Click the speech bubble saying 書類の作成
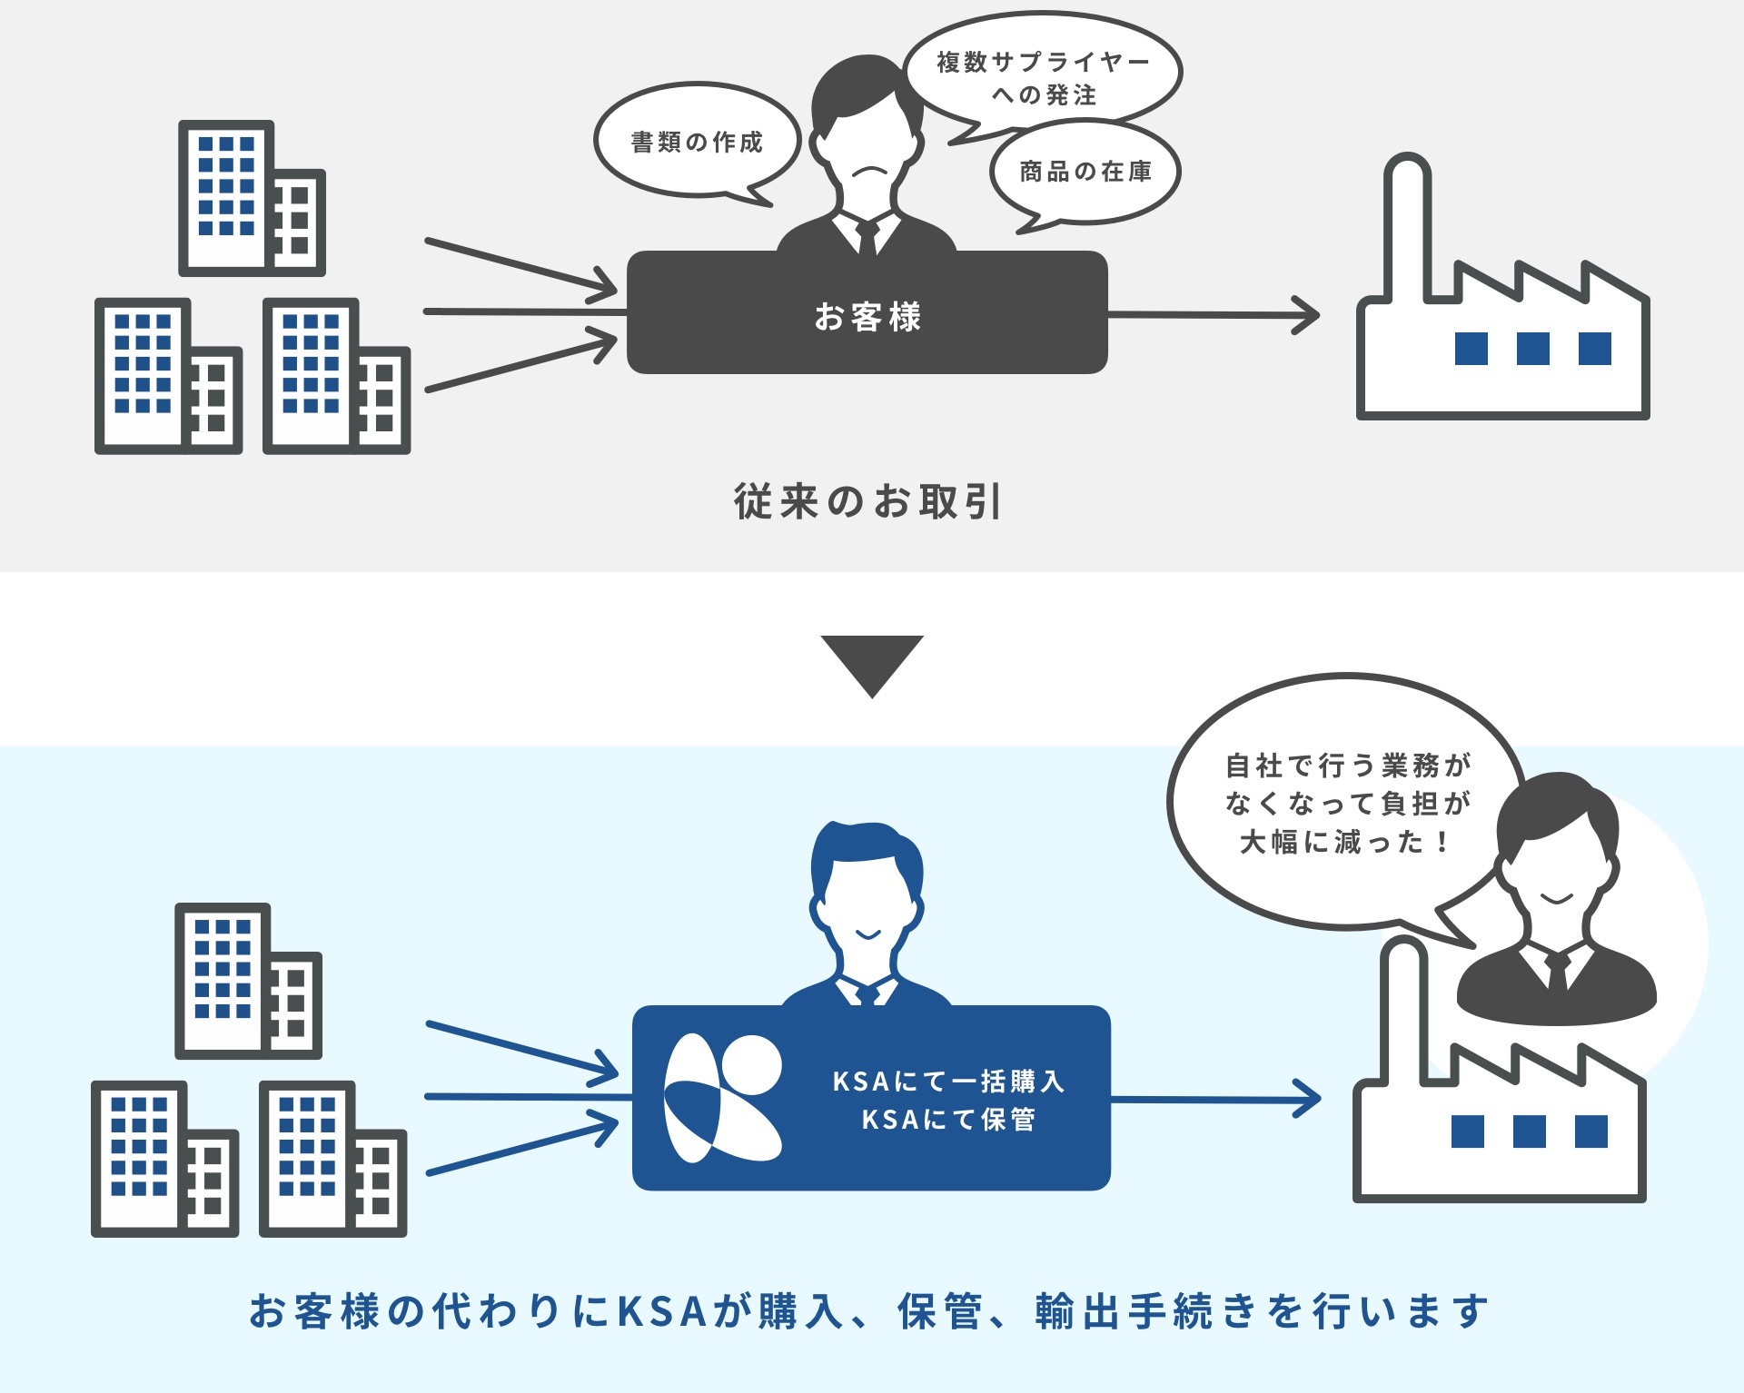[x=697, y=142]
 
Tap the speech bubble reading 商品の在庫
[x=1085, y=172]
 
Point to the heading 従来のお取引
[x=867, y=501]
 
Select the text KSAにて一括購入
[x=948, y=1081]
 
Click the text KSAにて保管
[x=948, y=1120]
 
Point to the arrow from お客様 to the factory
[x=1213, y=315]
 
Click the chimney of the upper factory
[x=1406, y=227]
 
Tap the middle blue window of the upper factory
[x=1533, y=349]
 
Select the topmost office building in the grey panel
[x=251, y=198]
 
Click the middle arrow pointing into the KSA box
[x=527, y=1098]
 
